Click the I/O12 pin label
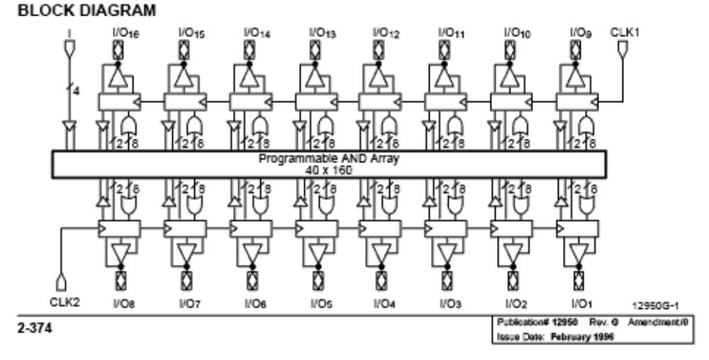click(x=381, y=33)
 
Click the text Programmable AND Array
click(x=329, y=158)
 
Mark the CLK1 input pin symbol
click(x=622, y=48)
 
